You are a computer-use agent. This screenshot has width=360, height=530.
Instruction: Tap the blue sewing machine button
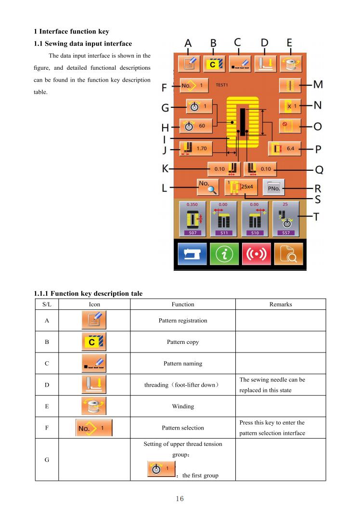point(192,253)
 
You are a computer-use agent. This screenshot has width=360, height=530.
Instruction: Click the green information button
point(224,253)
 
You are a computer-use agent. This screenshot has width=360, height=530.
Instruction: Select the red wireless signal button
point(257,253)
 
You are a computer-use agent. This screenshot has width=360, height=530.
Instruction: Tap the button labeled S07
point(192,219)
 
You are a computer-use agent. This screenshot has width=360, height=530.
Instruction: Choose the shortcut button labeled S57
point(286,219)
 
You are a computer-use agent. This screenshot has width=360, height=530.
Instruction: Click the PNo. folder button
point(273,188)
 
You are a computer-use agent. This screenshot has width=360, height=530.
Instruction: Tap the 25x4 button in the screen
point(241,187)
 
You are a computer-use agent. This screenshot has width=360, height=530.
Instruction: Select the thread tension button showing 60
point(196,126)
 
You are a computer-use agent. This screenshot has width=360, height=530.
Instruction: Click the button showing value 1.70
point(196,149)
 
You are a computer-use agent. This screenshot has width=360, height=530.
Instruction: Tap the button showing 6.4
point(284,149)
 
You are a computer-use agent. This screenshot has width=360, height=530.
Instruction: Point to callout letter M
point(318,84)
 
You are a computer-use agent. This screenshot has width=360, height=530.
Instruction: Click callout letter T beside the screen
point(316,216)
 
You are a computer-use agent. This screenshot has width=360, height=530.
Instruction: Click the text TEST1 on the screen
point(221,85)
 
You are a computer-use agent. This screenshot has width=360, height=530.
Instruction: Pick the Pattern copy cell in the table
point(183,342)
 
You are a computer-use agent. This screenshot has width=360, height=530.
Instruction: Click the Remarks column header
point(281,304)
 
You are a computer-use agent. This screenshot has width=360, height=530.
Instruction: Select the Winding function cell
point(183,406)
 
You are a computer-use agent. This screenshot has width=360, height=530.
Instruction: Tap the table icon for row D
point(94,384)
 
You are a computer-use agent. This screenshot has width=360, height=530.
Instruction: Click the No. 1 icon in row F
point(94,428)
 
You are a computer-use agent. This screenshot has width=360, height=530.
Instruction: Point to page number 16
point(180,499)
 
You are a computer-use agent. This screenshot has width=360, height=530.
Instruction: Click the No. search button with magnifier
point(208,187)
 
